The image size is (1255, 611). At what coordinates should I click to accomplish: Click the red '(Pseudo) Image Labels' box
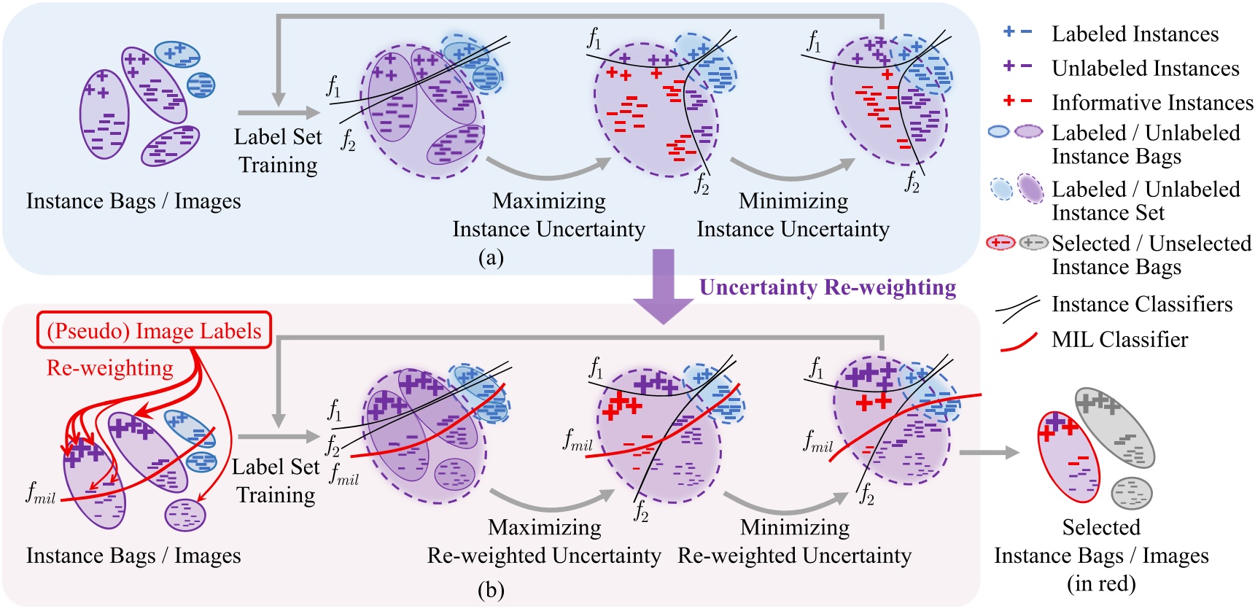[154, 331]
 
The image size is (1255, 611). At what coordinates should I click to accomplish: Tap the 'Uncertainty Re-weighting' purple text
[827, 287]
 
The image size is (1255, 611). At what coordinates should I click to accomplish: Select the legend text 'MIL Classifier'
[1119, 340]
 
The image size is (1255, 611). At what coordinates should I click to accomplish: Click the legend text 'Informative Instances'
[1151, 103]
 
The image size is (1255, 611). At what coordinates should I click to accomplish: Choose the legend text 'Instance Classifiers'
[1141, 304]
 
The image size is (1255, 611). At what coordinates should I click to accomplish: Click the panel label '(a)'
[491, 257]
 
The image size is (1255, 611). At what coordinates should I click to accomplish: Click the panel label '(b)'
[491, 589]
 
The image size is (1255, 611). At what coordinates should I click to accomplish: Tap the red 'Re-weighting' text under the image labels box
[110, 368]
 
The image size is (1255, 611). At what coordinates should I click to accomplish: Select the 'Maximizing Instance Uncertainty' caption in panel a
[548, 215]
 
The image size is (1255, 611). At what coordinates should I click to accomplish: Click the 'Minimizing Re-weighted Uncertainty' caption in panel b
[794, 541]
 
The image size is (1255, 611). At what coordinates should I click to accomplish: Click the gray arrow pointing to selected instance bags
[989, 453]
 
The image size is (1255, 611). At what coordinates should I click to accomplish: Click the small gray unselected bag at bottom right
[1131, 494]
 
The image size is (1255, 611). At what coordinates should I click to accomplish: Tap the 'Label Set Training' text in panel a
[278, 151]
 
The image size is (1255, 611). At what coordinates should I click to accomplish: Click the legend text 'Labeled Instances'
[1134, 34]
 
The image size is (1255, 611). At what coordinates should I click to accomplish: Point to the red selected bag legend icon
[1000, 243]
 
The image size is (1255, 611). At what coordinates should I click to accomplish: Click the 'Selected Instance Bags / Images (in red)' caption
[1100, 555]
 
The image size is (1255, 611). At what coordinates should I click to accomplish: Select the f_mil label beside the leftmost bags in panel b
[40, 495]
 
